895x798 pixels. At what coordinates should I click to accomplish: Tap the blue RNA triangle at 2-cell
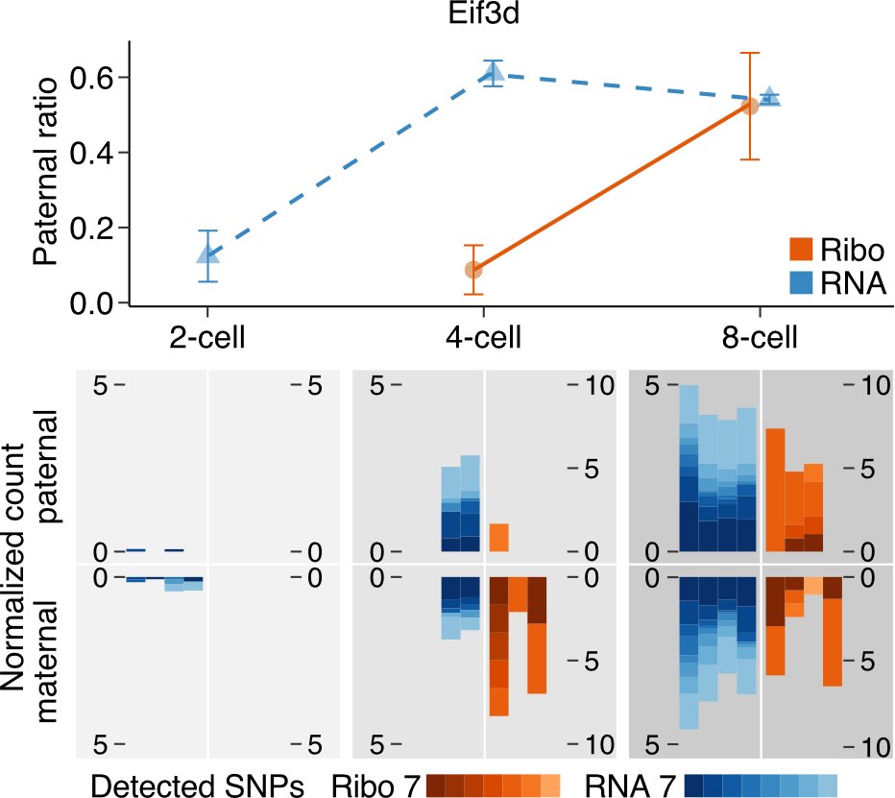[x=207, y=254]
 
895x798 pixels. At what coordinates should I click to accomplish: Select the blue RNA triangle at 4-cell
[x=494, y=72]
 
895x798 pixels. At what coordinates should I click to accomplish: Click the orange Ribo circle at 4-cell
[x=473, y=269]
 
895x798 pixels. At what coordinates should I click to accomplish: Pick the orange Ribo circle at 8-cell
[x=751, y=106]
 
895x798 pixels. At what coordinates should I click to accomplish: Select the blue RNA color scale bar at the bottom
[x=762, y=784]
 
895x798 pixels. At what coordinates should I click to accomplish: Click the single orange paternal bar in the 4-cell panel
[x=498, y=538]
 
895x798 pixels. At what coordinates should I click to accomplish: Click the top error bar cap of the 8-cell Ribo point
[x=751, y=53]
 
